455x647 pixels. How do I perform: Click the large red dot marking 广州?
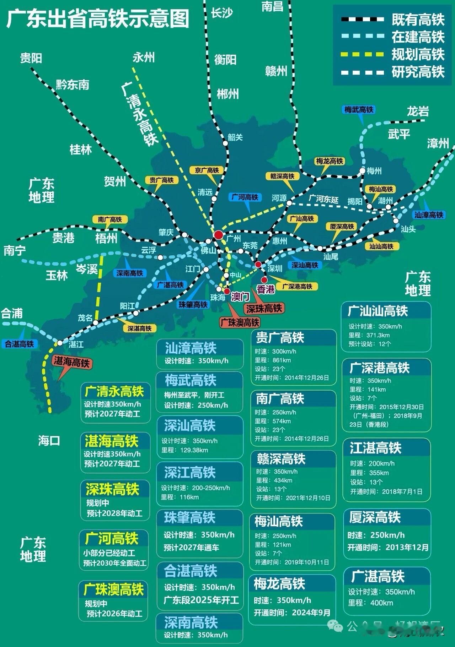(x=218, y=235)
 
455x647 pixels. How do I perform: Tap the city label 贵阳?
(x=31, y=58)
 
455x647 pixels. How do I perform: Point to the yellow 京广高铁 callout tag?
(x=207, y=170)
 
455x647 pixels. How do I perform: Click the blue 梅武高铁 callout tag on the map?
(x=359, y=110)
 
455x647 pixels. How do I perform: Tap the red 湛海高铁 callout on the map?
(x=71, y=362)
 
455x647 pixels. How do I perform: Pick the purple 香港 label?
(x=266, y=289)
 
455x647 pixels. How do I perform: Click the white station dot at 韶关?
(x=225, y=143)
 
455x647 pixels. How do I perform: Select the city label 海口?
(x=49, y=441)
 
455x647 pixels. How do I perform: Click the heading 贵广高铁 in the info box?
(x=280, y=338)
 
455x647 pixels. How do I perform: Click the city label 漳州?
(x=438, y=143)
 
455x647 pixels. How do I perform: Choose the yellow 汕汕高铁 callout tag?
(x=381, y=246)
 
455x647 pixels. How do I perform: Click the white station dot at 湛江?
(x=60, y=343)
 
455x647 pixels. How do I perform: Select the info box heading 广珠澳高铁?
(x=114, y=590)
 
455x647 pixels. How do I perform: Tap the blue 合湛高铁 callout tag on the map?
(x=19, y=344)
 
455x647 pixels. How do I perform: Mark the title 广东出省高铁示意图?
(x=98, y=19)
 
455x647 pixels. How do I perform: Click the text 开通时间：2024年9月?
(x=292, y=613)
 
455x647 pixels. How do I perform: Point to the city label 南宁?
(x=15, y=250)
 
